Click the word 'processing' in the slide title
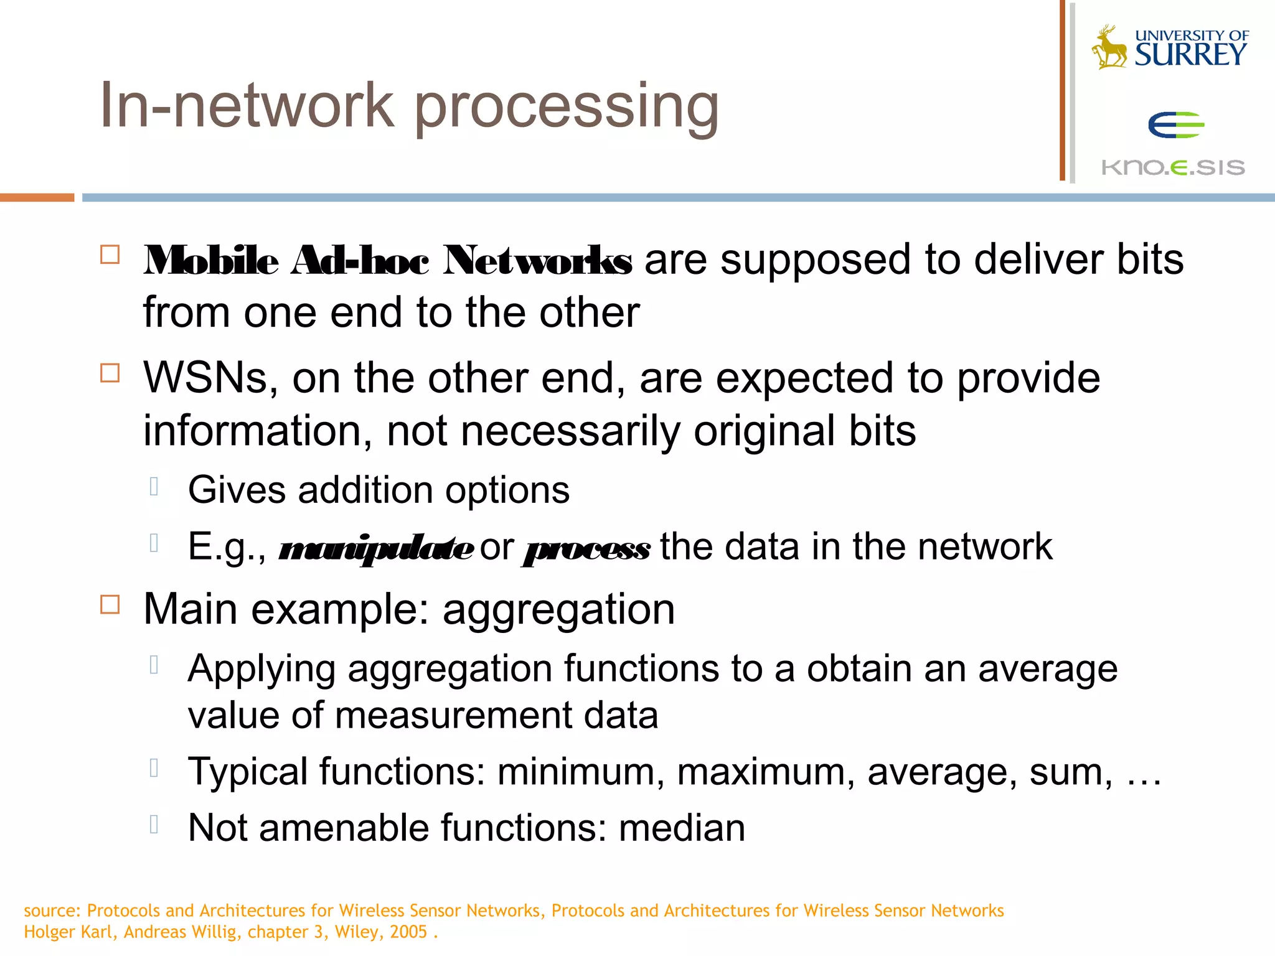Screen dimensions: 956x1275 [x=567, y=107]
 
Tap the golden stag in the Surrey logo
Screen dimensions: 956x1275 [x=1109, y=47]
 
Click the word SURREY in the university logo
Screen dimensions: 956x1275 [x=1190, y=55]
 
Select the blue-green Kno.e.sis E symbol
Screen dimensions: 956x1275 [x=1175, y=125]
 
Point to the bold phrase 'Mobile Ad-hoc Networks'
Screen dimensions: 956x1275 [x=387, y=260]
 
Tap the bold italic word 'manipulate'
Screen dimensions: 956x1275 [x=375, y=548]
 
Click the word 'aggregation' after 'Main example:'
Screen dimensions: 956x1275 [x=558, y=609]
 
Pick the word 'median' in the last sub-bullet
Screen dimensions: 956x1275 [x=682, y=828]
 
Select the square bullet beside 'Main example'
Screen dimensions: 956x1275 [x=110, y=604]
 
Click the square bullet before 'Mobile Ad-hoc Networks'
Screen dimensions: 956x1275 [x=110, y=255]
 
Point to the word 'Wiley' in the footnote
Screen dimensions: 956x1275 [x=356, y=932]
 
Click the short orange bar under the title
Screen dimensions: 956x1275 [x=37, y=197]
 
